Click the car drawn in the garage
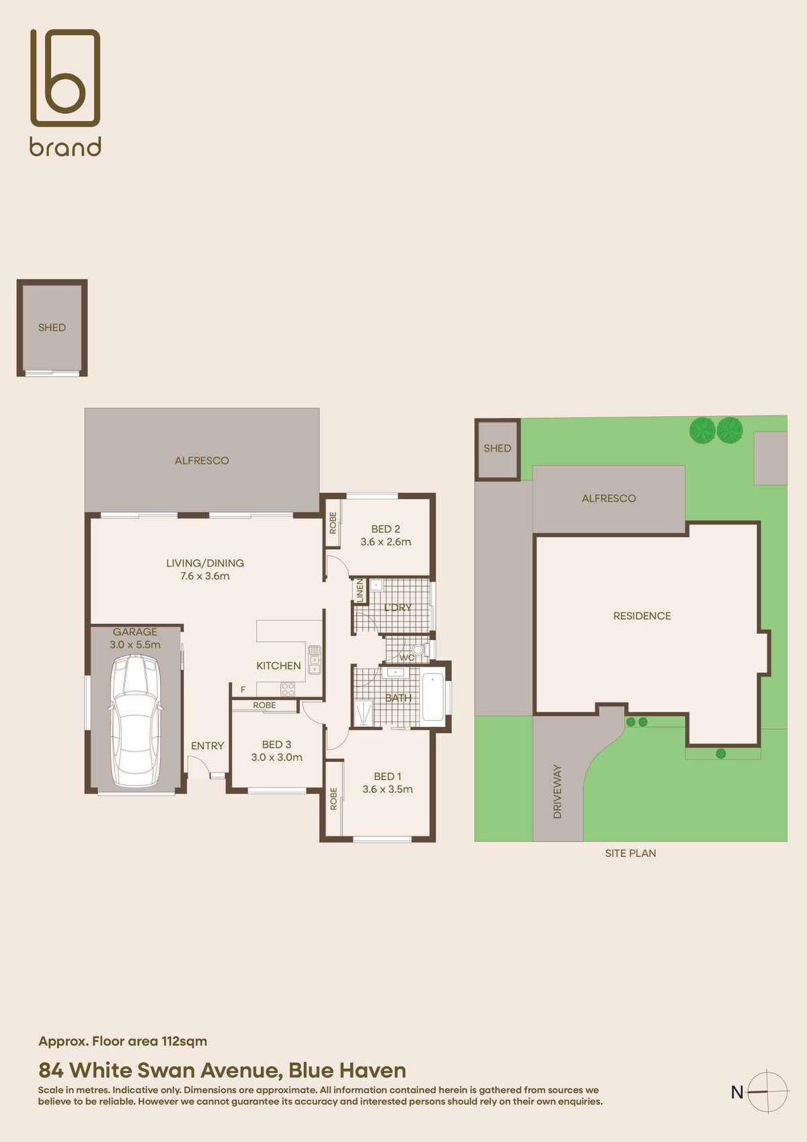[x=136, y=720]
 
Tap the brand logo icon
[x=65, y=78]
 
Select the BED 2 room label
[x=385, y=529]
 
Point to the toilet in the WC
[x=419, y=650]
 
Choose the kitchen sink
[x=314, y=659]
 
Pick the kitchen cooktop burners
[x=288, y=688]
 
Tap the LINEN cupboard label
[x=360, y=590]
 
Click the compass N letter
[x=737, y=1092]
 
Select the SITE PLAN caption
[x=630, y=853]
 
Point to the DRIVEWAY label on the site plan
[x=557, y=791]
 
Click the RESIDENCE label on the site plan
[x=642, y=616]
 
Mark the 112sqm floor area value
[x=184, y=1041]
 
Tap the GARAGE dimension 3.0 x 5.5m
[x=135, y=645]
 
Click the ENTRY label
[x=207, y=746]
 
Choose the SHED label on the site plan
[x=497, y=448]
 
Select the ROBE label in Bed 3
[x=264, y=705]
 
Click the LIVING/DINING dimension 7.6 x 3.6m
[x=204, y=576]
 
